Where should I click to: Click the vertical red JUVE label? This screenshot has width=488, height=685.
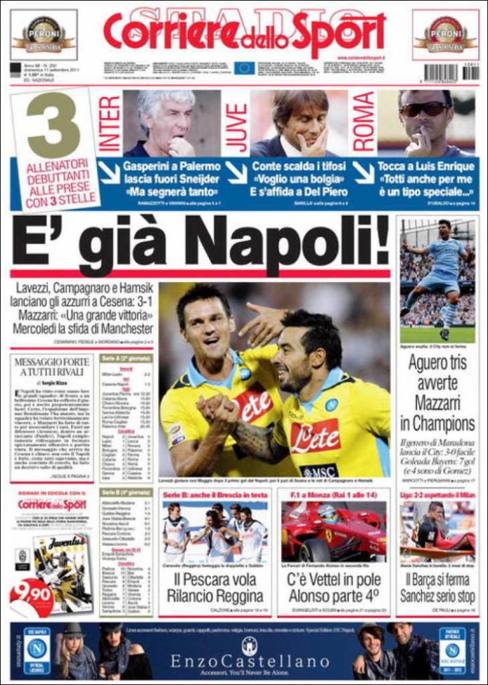[x=236, y=124]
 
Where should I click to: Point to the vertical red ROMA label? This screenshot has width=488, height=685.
[x=363, y=122]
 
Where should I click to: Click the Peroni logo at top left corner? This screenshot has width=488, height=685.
[x=44, y=34]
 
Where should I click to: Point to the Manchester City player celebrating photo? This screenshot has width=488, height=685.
[x=437, y=280]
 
